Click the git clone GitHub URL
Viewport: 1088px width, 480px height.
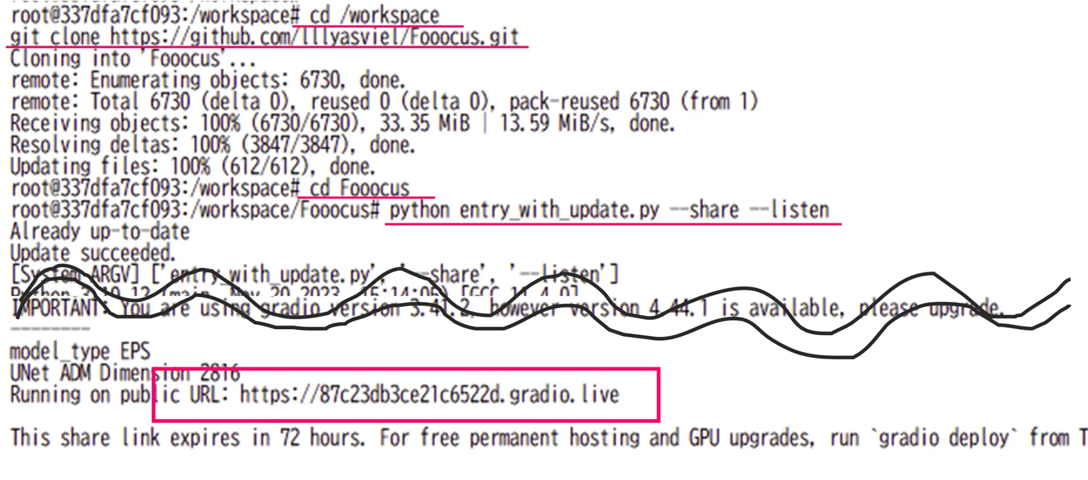pyautogui.click(x=314, y=37)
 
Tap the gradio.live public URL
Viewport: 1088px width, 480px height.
pyautogui.click(x=429, y=395)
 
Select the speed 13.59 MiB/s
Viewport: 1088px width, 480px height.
pyautogui.click(x=557, y=124)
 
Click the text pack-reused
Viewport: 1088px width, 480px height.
pyautogui.click(x=564, y=102)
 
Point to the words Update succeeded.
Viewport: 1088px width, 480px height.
pyautogui.click(x=93, y=254)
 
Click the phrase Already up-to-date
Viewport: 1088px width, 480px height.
pyautogui.click(x=100, y=232)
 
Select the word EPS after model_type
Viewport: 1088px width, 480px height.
pyautogui.click(x=135, y=352)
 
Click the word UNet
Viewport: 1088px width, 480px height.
pyautogui.click(x=30, y=373)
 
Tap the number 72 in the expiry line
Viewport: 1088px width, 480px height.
pyautogui.click(x=290, y=438)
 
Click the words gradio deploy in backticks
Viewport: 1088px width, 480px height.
pyautogui.click(x=943, y=438)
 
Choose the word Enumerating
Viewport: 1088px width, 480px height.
pyautogui.click(x=145, y=80)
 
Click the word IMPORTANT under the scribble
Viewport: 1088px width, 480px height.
pyautogui.click(x=55, y=308)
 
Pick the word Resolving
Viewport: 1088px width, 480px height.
pyautogui.click(x=55, y=145)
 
